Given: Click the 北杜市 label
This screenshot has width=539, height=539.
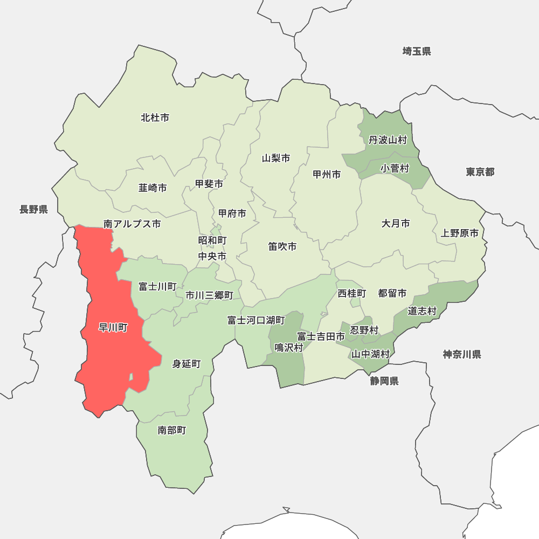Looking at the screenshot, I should coord(155,118).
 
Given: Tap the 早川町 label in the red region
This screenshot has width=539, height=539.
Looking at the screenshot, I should coord(113,328).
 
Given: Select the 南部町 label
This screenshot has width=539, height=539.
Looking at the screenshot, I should coord(172,430).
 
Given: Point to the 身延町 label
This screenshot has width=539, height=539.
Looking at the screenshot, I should coord(186,364).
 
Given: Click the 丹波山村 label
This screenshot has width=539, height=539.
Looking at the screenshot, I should coord(388,140).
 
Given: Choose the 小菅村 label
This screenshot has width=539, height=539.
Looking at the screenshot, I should coord(395,169).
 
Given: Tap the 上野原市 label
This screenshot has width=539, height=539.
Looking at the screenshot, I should coord(460,233).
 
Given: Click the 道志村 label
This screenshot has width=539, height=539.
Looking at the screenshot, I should coord(422,311).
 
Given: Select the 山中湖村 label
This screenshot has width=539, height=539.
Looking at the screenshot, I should coord(370,354).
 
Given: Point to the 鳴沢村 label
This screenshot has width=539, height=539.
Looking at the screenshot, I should coord(289,348).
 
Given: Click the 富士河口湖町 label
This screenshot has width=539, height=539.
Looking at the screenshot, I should coord(256,321).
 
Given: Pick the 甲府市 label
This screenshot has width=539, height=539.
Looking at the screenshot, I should coord(232,213).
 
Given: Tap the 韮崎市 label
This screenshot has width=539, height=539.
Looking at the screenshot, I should coord(153,188).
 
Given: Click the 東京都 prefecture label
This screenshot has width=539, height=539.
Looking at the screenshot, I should coord(480,172).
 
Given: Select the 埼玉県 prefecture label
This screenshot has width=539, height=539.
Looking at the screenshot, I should coord(417,51).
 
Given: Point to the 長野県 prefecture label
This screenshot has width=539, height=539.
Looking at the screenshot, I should coord(34,210).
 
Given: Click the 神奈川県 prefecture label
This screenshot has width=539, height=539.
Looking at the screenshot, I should coord(462,354).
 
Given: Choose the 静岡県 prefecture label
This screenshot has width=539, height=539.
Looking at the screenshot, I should coord(384,382).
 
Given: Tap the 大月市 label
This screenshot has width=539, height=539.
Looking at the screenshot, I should coord(396,223).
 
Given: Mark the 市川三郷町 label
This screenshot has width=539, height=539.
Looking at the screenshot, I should coord(209,295).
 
